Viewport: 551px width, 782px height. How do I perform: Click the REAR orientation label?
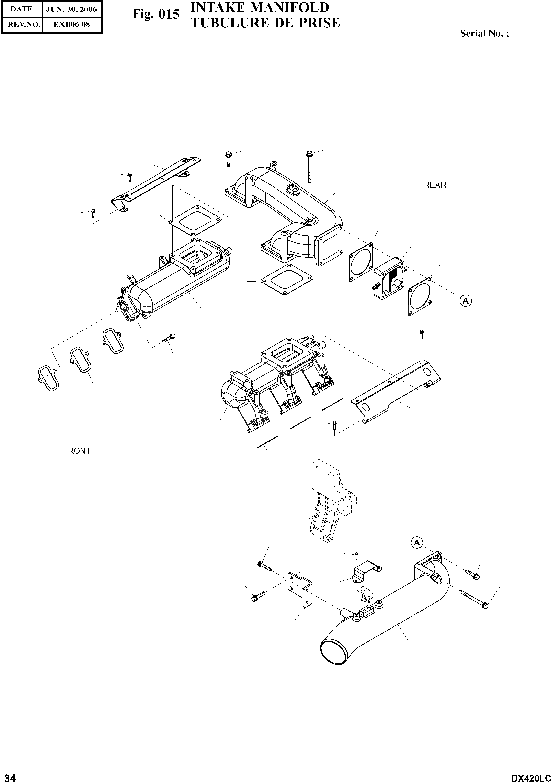tap(435, 185)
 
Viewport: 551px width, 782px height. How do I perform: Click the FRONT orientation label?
tap(77, 451)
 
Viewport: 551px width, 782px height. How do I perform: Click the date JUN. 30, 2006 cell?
tap(71, 9)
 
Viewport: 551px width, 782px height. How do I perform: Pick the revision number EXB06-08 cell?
tap(71, 24)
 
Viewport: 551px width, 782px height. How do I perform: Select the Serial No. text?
tap(484, 33)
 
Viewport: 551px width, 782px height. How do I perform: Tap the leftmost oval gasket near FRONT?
tap(49, 378)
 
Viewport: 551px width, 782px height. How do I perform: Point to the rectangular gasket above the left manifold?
tap(195, 221)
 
